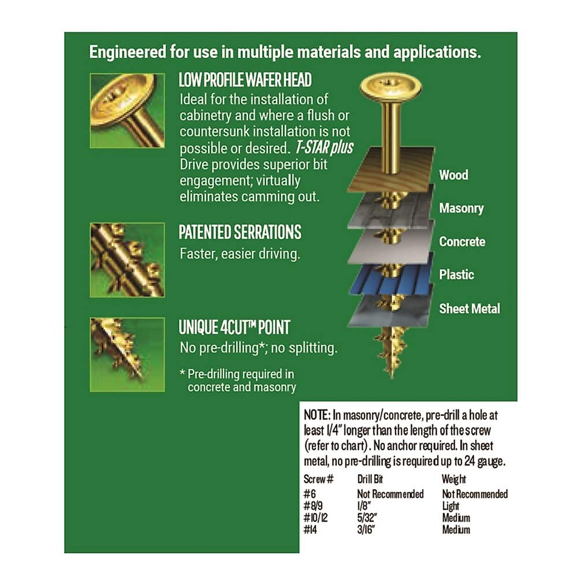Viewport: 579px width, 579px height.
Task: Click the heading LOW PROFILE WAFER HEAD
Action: [x=245, y=80]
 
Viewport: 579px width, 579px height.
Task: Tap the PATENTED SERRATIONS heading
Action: [x=240, y=232]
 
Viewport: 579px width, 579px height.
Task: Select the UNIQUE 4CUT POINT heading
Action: [x=234, y=327]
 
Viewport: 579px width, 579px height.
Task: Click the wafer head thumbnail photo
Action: [x=127, y=110]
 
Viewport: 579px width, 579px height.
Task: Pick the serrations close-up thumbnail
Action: [x=127, y=260]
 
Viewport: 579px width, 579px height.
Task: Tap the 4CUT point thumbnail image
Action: [x=127, y=354]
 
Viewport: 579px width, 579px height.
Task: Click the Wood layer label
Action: [x=454, y=175]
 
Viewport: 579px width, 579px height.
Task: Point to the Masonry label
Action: [x=461, y=208]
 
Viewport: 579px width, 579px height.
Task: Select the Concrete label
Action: [x=462, y=241]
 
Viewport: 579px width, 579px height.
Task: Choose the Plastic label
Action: [x=456, y=275]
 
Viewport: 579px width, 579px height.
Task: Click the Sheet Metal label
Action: [x=469, y=308]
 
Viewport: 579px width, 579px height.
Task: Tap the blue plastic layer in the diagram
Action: [x=390, y=279]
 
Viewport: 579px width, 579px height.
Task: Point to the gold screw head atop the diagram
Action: [x=391, y=87]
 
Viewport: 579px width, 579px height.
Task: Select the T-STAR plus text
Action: [x=324, y=148]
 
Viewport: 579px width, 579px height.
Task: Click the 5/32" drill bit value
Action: [x=367, y=518]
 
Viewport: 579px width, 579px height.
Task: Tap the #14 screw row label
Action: [x=311, y=530]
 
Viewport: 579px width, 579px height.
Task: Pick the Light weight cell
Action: [x=451, y=506]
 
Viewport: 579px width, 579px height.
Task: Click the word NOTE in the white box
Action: [x=316, y=415]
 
